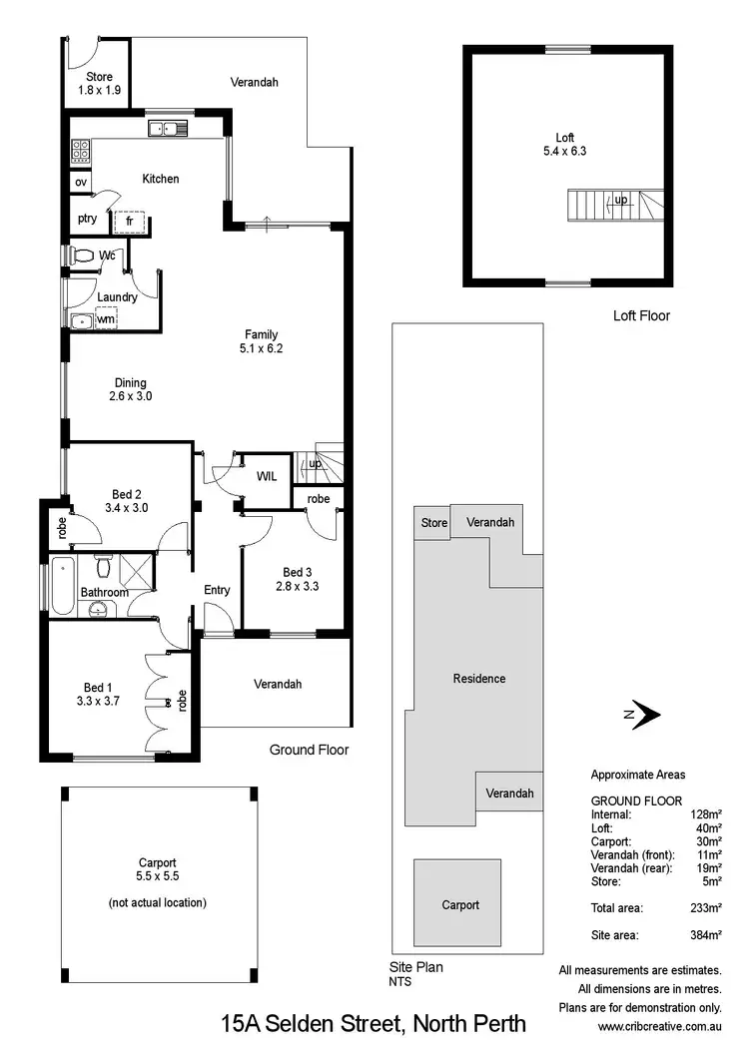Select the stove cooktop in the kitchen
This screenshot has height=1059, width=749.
(x=81, y=151)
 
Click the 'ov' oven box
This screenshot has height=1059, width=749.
(x=80, y=183)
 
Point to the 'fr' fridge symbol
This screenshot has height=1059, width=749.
(x=130, y=222)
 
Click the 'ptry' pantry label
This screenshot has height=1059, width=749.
(x=87, y=219)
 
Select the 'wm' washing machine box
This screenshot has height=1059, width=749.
(x=105, y=319)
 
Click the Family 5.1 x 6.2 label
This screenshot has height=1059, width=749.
(x=263, y=341)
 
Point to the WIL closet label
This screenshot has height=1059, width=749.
(x=267, y=477)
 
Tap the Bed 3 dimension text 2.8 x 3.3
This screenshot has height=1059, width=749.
(x=297, y=586)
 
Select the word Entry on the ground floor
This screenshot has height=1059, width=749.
(x=217, y=590)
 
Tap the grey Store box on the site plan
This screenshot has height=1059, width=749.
(x=433, y=523)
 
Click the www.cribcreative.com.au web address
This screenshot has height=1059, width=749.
(x=659, y=1026)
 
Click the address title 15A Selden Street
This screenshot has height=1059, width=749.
(x=373, y=1024)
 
